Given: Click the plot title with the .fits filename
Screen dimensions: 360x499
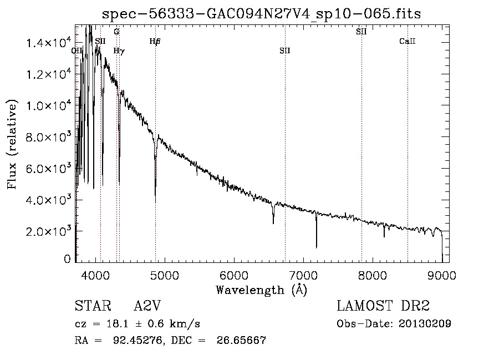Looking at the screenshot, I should coord(261,14).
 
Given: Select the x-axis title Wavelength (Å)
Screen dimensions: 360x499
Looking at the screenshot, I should coord(261,290).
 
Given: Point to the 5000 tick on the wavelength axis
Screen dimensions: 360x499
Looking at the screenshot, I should coord(165,274).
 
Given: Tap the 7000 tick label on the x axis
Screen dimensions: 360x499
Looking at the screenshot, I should coord(303,274).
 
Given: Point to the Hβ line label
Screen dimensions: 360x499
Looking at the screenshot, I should coord(155,41).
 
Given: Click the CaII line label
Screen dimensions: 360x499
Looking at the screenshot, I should coord(408,41).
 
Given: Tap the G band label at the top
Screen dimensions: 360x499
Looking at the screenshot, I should coord(116,32).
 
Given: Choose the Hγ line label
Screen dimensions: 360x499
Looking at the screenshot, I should coord(119,50).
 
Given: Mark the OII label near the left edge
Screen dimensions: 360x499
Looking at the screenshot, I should coord(77,50).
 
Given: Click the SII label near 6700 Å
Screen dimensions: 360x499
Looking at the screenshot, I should coord(285,50).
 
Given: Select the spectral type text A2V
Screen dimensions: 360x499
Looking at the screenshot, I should coord(147,306).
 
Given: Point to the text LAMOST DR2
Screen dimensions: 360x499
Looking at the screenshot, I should coord(383,306).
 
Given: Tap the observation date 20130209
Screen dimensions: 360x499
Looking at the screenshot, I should coord(424,324).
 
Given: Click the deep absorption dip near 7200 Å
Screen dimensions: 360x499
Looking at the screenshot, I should coord(317,244).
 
